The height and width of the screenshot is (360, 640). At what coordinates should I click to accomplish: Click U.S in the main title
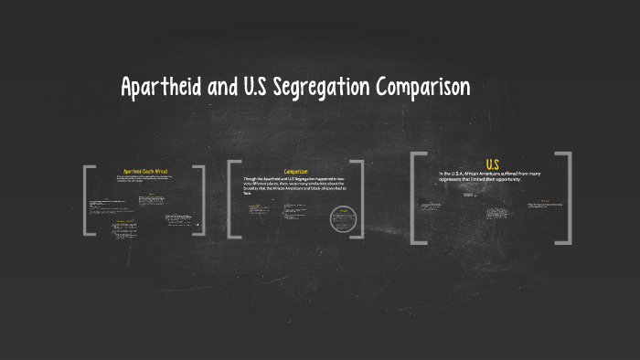pos(259,88)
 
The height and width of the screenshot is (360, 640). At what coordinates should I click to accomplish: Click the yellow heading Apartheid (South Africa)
pos(145,171)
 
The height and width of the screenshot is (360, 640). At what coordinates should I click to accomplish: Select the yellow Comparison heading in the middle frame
pos(295,171)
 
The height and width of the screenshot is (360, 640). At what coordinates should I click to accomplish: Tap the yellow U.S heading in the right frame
pos(492,164)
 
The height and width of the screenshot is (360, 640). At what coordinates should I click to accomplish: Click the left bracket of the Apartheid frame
pos(88,201)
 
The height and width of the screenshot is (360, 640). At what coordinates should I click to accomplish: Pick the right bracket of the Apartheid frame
pos(200,201)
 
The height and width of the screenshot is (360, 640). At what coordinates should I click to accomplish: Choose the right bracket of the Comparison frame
pos(357,199)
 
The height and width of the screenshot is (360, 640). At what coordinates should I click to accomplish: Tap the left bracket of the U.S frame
pos(417,197)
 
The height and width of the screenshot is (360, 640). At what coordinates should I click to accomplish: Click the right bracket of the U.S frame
pos(566,197)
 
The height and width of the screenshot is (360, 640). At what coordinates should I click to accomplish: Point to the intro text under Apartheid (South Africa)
pos(144,180)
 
